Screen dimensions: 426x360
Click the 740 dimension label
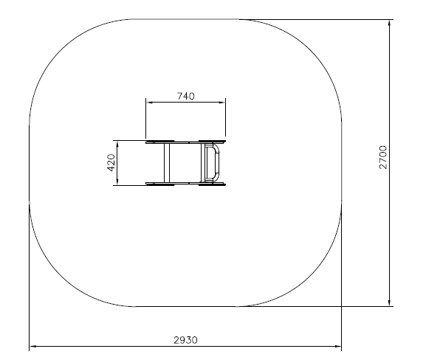(x=186, y=96)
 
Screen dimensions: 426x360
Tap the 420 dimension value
(x=111, y=162)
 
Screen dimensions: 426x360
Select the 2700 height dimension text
(x=382, y=157)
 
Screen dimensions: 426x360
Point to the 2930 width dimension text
(x=186, y=340)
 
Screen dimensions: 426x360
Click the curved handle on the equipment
(x=217, y=163)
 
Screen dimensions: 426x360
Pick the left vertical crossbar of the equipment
(x=167, y=163)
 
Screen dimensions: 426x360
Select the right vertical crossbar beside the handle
(x=203, y=163)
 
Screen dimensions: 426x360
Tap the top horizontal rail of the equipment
(x=185, y=142)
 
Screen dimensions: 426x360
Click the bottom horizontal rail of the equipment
(x=185, y=184)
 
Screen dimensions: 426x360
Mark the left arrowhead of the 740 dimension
(x=149, y=103)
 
